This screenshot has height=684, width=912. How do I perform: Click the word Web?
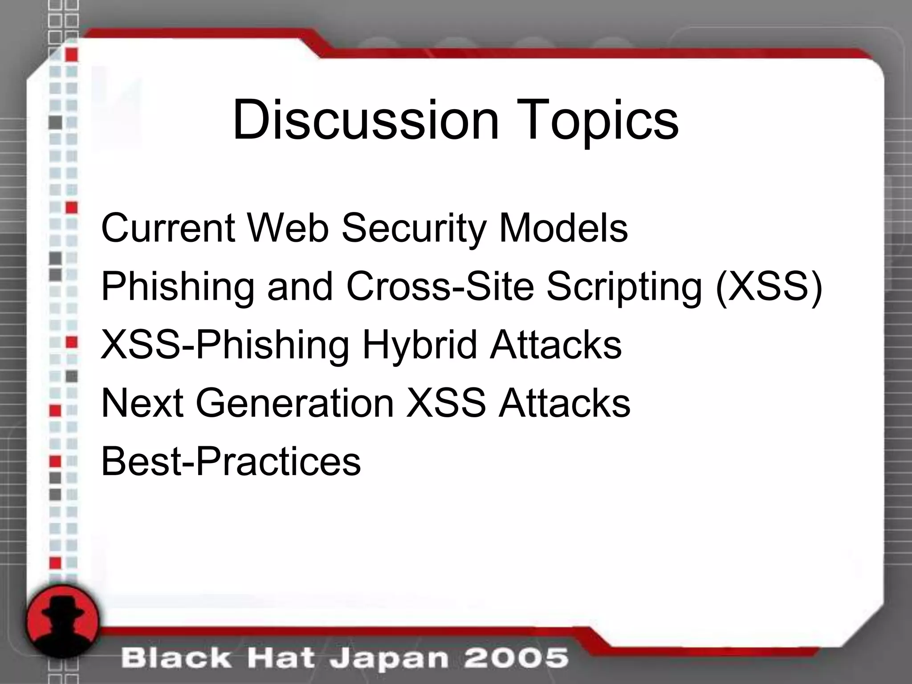pos(288,228)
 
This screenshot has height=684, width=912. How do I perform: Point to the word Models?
pos(563,228)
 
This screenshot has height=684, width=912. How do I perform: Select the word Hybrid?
pos(419,346)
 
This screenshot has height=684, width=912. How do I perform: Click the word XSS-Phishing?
pos(225,346)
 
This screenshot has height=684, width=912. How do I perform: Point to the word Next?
pos(142,403)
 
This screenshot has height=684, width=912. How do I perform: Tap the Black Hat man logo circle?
pos(63,620)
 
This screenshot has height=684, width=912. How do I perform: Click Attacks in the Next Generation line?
pos(564,403)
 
